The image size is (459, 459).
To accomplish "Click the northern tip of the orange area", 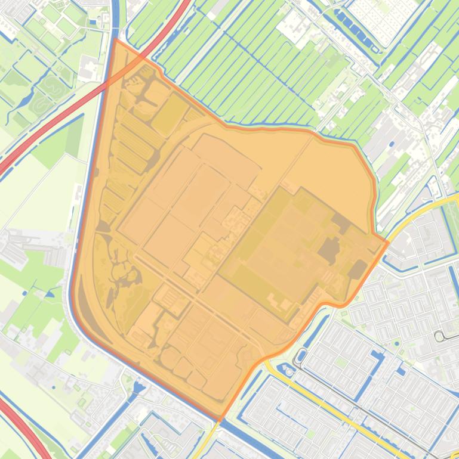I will click(115, 40).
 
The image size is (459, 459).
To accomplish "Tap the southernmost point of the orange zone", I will click(220, 420).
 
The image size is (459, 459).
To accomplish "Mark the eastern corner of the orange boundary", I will click(387, 242).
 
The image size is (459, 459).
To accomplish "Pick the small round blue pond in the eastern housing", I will click(396, 343).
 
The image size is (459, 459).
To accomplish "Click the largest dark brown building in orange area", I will click(329, 250).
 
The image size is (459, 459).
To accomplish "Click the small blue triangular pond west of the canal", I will click(49, 293).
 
